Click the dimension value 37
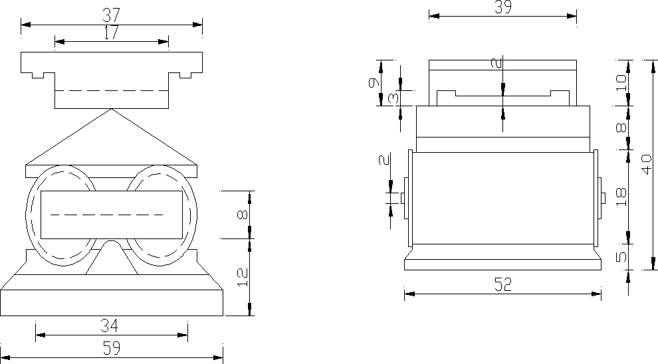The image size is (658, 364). click(111, 14)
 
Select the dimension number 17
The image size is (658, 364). click(111, 33)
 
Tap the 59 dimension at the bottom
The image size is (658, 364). click(111, 347)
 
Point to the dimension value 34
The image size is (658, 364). click(111, 325)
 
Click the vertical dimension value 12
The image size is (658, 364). click(242, 277)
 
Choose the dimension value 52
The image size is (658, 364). click(502, 285)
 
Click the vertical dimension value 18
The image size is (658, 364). click(621, 196)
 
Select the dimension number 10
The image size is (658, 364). click(621, 82)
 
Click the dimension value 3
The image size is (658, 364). click(393, 98)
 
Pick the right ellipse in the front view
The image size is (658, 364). click(162, 215)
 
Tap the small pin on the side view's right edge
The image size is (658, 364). click(603, 198)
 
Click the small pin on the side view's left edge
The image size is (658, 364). click(403, 198)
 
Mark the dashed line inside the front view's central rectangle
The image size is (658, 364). click(106, 215)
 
